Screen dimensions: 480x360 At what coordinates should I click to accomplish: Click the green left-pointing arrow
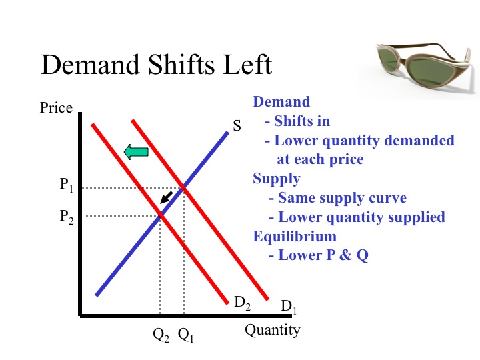pos(136,152)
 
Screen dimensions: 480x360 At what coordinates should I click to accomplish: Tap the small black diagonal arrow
pos(167,197)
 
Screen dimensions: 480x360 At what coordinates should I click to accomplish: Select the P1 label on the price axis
pos(67,185)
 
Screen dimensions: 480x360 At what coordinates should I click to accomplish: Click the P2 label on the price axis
pos(67,217)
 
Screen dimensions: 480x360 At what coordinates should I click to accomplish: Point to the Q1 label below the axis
pos(185,335)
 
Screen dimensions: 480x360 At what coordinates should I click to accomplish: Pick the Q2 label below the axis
pos(161,335)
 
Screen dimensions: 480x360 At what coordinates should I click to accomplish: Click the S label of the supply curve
pos(237,125)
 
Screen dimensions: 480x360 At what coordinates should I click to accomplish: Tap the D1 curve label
pos(289,307)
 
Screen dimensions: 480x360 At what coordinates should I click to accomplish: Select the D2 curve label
pos(242,303)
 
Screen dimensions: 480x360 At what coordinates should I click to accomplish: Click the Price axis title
pos(56,108)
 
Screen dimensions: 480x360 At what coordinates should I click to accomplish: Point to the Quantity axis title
pos(273,331)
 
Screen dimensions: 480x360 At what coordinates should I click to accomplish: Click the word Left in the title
pos(247,65)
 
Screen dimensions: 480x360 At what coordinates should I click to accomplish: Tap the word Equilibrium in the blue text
pos(295,236)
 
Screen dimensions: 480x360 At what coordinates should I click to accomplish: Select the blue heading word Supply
pos(277,179)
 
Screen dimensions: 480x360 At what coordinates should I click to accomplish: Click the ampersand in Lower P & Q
pos(345,255)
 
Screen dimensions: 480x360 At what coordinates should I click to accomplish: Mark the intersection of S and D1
pos(184,187)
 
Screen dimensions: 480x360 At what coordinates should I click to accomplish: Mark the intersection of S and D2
pos(161,216)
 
